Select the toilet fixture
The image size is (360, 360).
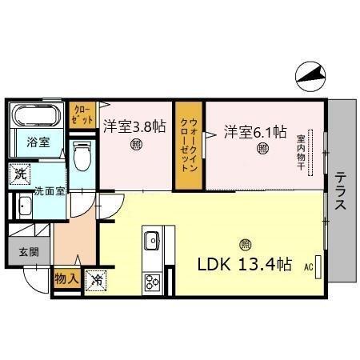[82, 156]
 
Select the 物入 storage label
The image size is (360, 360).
[65, 280]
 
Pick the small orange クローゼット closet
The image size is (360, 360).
[81, 114]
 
